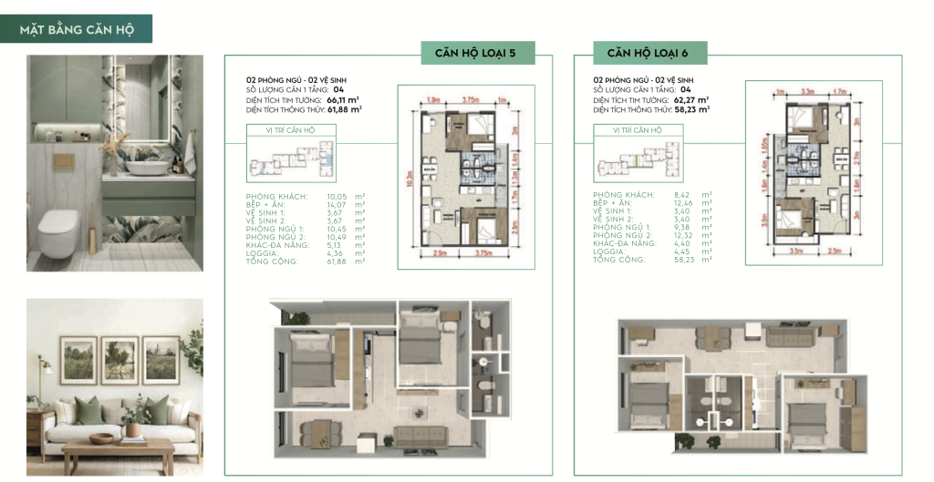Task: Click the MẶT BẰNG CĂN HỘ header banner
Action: click(77, 29)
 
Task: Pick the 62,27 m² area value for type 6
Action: click(691, 99)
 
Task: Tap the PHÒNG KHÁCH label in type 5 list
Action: click(276, 196)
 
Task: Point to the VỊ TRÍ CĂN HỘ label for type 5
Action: click(283, 130)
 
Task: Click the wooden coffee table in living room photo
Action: click(118, 452)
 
